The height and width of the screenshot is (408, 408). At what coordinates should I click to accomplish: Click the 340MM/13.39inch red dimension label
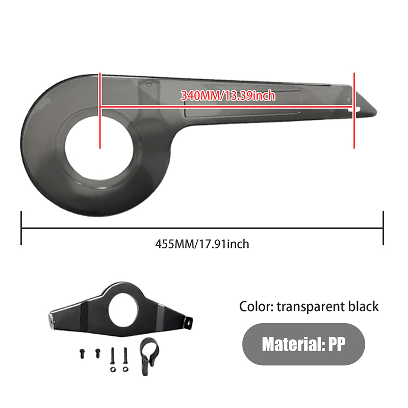(228, 95)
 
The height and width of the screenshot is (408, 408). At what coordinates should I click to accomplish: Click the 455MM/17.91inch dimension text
(202, 244)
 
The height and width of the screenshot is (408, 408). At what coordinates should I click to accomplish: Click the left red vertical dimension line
(100, 110)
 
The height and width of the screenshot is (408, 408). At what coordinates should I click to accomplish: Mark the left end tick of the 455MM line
(21, 228)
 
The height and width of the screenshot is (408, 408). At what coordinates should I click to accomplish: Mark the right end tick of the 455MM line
(383, 228)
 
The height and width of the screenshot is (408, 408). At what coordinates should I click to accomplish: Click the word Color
(256, 307)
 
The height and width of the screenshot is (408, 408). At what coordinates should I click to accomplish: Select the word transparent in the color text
(311, 307)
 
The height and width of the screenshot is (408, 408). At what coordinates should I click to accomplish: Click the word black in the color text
(362, 307)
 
